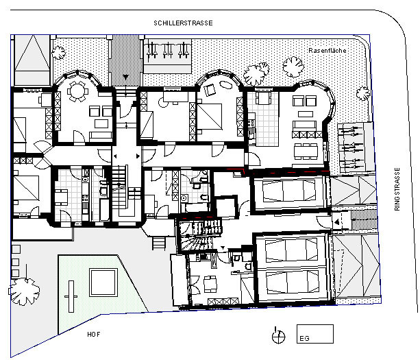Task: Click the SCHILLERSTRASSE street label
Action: (x=183, y=23)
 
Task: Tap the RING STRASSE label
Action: (x=397, y=189)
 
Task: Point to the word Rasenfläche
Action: (x=328, y=50)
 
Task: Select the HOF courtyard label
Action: (x=94, y=335)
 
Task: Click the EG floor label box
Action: (x=315, y=334)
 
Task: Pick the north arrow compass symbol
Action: (x=278, y=335)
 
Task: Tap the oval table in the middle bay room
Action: (x=227, y=84)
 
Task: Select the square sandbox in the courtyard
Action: (x=103, y=283)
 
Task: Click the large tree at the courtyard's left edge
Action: (x=25, y=291)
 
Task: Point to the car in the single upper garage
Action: (x=288, y=191)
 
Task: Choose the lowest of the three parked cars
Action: (x=293, y=283)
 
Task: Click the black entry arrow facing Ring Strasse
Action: (x=336, y=221)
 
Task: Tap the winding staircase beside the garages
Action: (x=199, y=235)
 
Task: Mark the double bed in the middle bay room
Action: (x=210, y=116)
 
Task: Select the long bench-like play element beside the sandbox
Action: (x=71, y=296)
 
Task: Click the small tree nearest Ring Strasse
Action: (x=363, y=93)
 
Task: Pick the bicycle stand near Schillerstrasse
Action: (x=168, y=50)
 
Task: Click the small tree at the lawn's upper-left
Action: (x=58, y=52)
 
